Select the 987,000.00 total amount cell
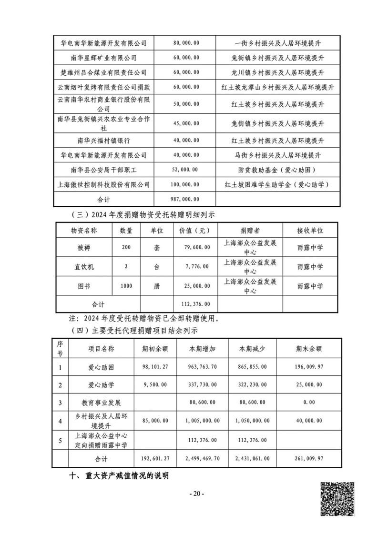186,199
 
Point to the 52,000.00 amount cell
186,170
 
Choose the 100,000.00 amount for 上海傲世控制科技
186,184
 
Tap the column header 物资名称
84,231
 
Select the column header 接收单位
310,231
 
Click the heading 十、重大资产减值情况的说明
120,476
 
